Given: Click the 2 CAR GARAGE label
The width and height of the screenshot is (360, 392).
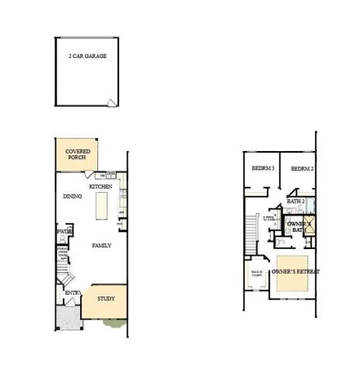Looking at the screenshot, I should point(87,56).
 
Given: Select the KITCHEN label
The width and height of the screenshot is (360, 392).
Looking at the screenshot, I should point(100,187).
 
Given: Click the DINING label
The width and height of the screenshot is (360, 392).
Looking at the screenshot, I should point(72,197).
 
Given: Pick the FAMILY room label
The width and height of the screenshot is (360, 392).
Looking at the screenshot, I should point(101,245).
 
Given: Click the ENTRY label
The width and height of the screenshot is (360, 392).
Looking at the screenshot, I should point(73,292).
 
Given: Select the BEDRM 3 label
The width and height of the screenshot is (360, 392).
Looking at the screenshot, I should point(262,169).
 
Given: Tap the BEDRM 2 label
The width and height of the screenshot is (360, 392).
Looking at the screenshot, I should point(302,169).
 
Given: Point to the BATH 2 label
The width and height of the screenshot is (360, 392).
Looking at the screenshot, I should point(295,201).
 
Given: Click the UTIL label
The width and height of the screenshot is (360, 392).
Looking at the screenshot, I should point(268,218).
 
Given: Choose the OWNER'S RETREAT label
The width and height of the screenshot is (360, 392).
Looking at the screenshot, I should point(296,270).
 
